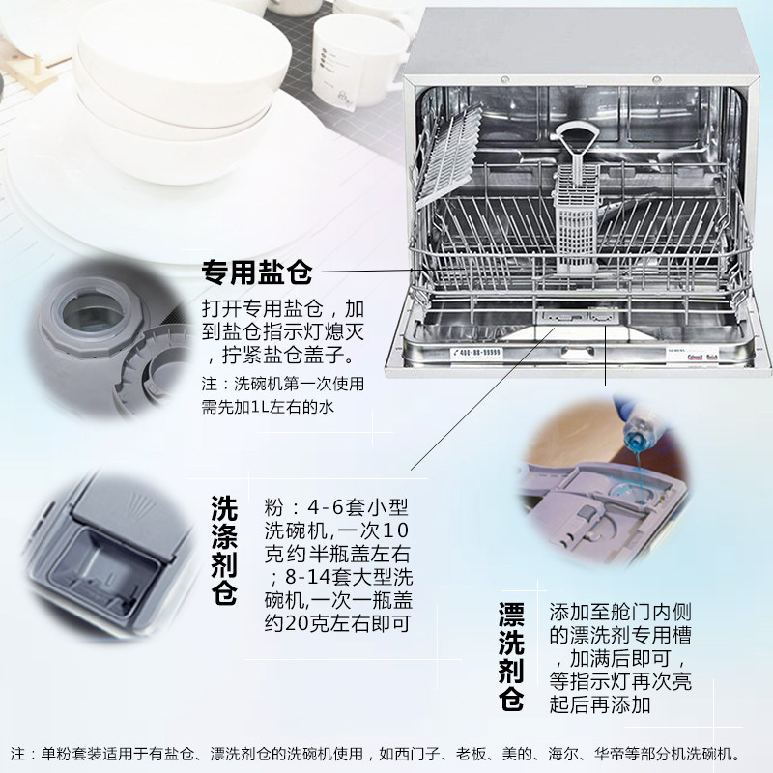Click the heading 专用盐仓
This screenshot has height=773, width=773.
pyautogui.click(x=256, y=273)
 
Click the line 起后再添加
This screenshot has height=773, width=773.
pyautogui.click(x=599, y=705)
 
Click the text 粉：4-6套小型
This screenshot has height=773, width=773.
pyautogui.click(x=329, y=508)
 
